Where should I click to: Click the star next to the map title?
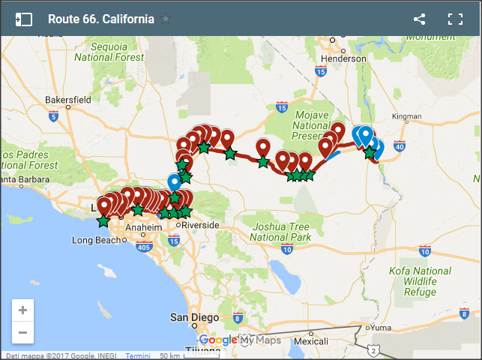pos(166,19)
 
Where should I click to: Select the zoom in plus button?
pos(22,310)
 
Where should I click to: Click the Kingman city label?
pos(407,116)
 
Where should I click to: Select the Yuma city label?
pos(381,328)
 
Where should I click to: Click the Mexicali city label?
pos(311,340)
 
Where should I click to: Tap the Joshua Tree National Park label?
pos(280,232)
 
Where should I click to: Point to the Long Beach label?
pos(95,240)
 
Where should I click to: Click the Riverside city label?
pos(200,224)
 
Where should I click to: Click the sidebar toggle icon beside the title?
pos(23,19)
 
